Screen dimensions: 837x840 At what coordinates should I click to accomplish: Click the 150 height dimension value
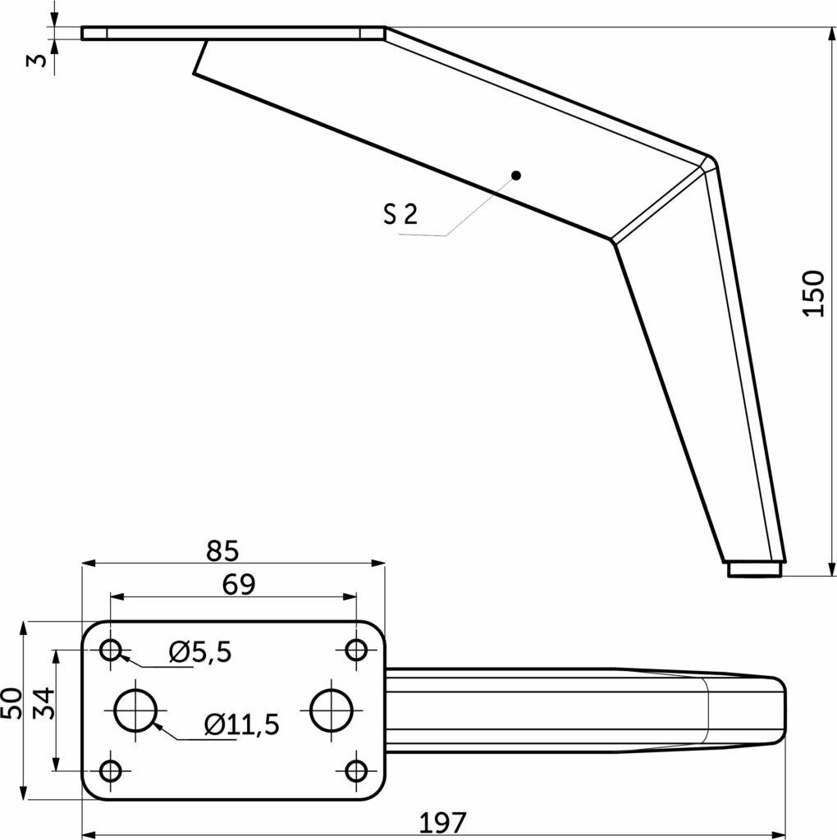pos(813,294)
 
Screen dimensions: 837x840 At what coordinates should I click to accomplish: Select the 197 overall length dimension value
pos(442,822)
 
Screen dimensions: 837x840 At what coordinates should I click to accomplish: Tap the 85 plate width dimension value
pos(223,550)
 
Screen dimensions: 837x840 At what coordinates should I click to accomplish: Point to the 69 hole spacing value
pos(239,584)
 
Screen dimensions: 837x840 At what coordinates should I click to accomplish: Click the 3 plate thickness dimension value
pos(37,60)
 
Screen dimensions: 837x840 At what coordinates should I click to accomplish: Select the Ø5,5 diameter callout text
pos(200,652)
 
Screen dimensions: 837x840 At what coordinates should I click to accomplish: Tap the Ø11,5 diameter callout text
pos(242,724)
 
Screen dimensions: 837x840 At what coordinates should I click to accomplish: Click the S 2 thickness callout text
pos(400,214)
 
